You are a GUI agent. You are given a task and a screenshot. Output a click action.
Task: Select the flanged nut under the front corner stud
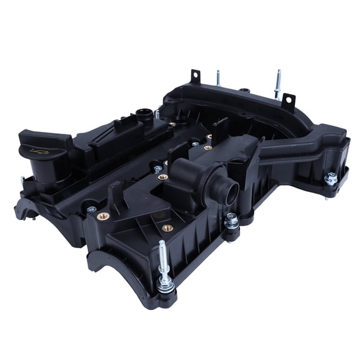click(166, 284)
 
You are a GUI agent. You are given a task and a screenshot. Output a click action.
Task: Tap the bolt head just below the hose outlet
click(232, 221)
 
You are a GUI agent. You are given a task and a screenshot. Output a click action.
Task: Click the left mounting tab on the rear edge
click(194, 77)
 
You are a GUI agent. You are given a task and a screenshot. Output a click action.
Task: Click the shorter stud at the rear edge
click(218, 77)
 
